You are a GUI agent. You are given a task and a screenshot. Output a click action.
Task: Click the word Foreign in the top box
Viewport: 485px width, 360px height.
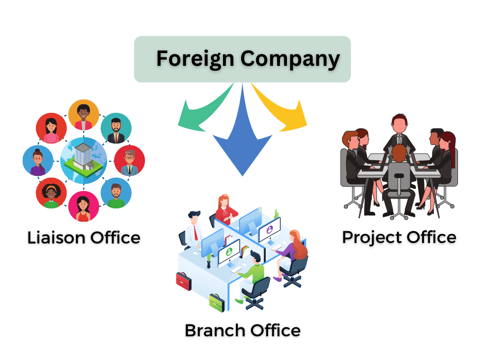[195, 59]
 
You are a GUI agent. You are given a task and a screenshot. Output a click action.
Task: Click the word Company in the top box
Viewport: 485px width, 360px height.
[290, 59]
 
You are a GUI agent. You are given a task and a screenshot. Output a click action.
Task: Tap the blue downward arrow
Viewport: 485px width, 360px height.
[242, 137]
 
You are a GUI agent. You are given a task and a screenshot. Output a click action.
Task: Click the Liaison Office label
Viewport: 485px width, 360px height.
[84, 237]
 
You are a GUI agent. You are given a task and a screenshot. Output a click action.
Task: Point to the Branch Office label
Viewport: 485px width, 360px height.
[242, 330]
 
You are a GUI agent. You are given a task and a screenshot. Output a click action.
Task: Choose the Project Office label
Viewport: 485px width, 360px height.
[399, 237]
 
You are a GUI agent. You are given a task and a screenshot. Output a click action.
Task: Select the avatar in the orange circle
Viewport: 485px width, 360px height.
[84, 115]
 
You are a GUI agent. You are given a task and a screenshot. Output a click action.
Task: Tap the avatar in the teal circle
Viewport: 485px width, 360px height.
[116, 128]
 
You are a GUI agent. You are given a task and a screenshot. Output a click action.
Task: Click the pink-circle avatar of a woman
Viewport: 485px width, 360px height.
[84, 207]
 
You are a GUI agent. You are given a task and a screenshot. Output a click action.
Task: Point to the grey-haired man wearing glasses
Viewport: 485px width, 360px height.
[129, 161]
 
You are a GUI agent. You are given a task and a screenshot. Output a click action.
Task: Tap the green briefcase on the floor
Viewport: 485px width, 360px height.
[216, 303]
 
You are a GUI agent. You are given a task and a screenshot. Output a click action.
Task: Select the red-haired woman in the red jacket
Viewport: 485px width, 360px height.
[226, 208]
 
